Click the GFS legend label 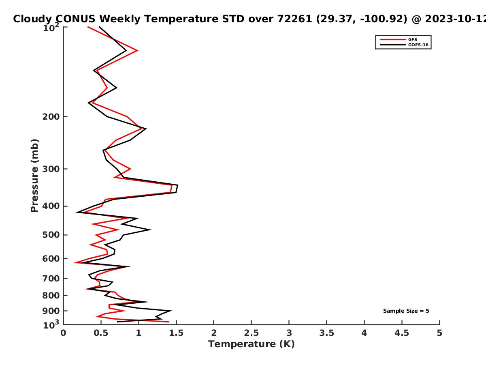[412, 39]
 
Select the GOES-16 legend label [418, 45]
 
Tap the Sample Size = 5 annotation [406, 311]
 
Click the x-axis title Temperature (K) [252, 344]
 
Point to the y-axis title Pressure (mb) [34, 176]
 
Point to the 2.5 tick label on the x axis [252, 333]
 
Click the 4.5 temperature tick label [402, 333]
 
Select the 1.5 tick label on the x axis [176, 333]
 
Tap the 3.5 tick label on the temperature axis [326, 333]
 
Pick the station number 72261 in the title [295, 19]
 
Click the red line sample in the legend [393, 39]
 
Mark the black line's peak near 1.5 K [177, 185]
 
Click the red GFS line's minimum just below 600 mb [75, 263]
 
